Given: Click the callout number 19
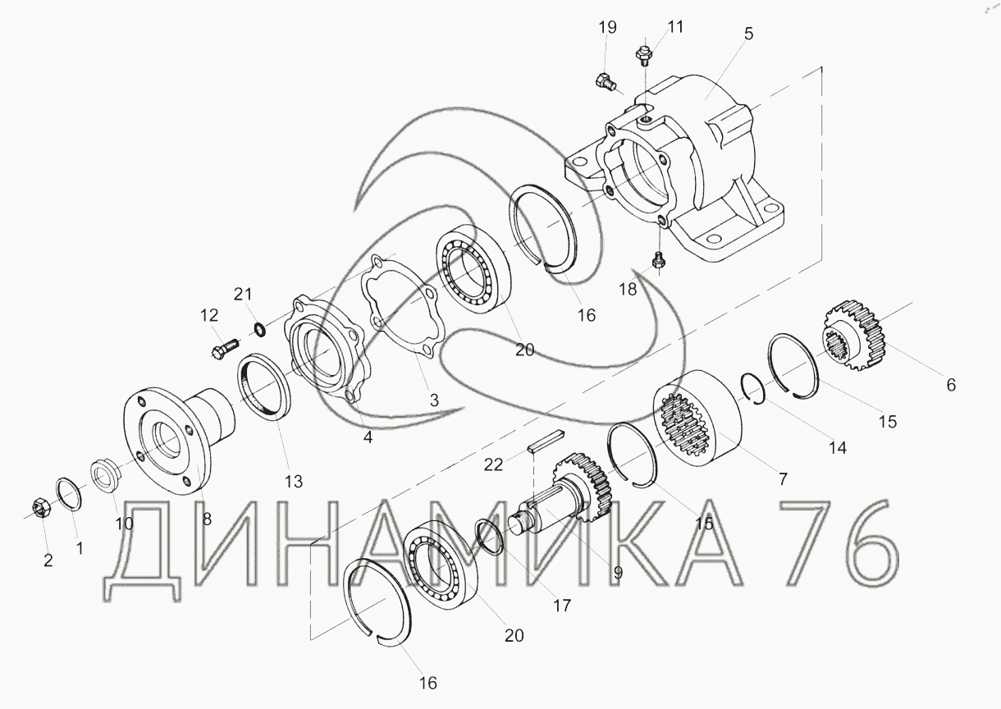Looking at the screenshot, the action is pyautogui.click(x=607, y=27).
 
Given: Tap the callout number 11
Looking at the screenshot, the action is pyautogui.click(x=675, y=27).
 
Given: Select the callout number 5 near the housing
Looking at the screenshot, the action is pyautogui.click(x=748, y=34).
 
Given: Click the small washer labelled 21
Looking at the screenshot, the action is pyautogui.click(x=260, y=330).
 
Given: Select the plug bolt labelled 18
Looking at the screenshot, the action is pyautogui.click(x=658, y=260).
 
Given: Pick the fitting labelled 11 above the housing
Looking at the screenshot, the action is pyautogui.click(x=643, y=55).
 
